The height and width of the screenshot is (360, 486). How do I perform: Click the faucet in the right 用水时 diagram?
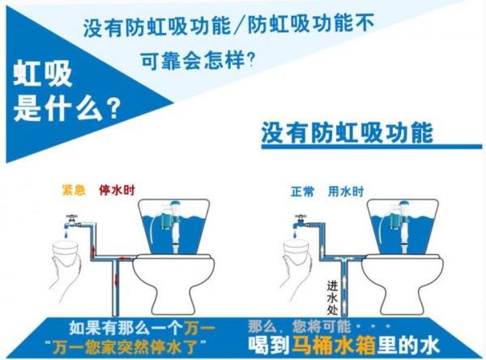(x=301, y=221)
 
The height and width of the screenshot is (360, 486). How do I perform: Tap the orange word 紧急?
(x=74, y=191)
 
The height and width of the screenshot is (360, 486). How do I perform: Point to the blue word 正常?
(x=302, y=192)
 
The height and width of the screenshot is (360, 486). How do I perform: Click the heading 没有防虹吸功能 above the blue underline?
(x=347, y=132)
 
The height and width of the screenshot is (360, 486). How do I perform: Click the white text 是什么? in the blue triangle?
(x=67, y=105)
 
